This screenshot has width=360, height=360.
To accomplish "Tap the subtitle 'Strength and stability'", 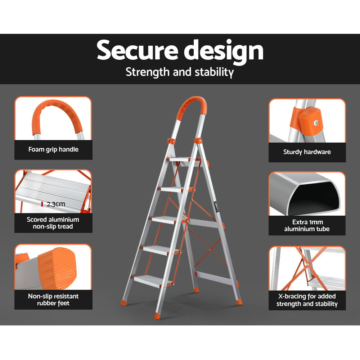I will click(180, 72).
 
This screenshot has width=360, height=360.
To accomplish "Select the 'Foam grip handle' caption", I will click(53, 149).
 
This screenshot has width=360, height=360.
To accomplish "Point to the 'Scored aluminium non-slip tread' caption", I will click(53, 223).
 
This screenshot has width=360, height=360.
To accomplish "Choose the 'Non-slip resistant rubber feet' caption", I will click(53, 300).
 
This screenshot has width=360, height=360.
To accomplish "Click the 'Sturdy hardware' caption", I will click(307, 152).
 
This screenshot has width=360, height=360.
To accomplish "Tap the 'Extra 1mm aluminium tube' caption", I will click(307, 225).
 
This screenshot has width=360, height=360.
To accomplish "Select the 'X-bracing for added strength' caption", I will click(307, 300).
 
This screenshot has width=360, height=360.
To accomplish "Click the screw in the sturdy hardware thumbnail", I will click(316, 123).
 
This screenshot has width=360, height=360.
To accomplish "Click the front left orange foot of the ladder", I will click(157, 316).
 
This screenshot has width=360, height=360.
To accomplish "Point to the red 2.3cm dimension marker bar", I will click(42, 204).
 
